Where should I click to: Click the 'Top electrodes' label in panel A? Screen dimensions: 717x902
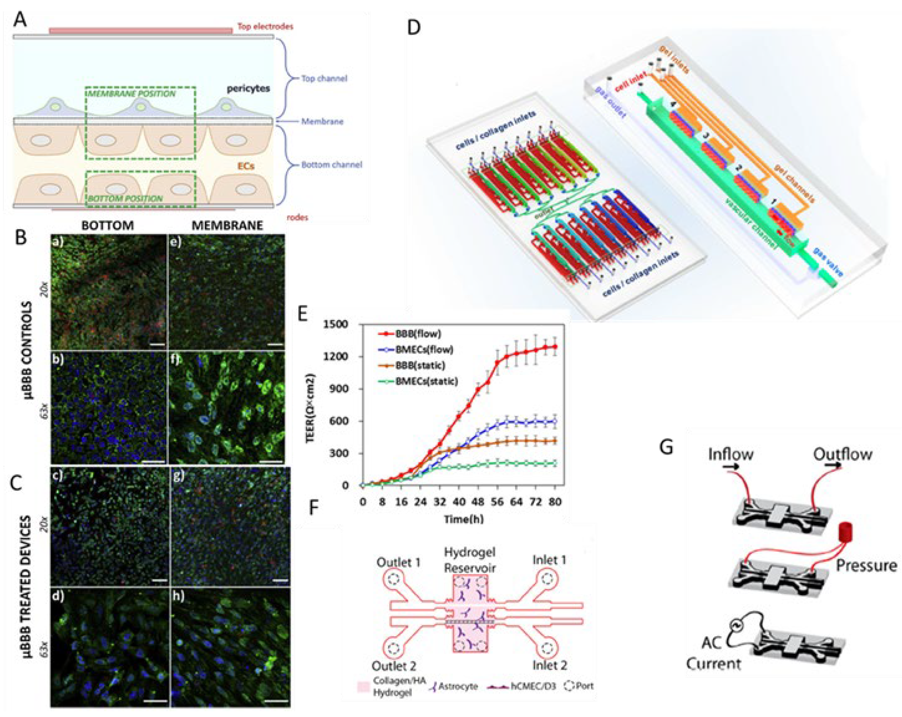click(x=265, y=26)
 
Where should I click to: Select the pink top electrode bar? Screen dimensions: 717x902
click(x=140, y=31)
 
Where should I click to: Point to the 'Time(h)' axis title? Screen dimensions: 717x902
click(x=463, y=520)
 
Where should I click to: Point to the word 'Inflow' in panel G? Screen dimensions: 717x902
click(x=731, y=454)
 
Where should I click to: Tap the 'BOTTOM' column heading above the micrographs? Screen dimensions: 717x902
click(x=108, y=226)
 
